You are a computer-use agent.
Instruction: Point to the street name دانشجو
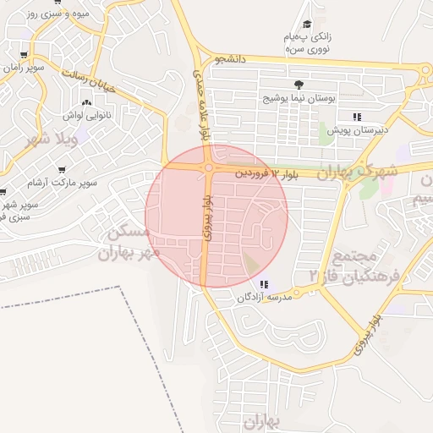pos(230,59)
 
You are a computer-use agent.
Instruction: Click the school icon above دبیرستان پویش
pos(357,116)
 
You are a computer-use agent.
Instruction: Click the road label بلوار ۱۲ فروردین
pos(267,173)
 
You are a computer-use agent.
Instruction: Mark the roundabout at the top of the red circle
pos(208,168)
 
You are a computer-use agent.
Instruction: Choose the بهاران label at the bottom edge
pos(263,420)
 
